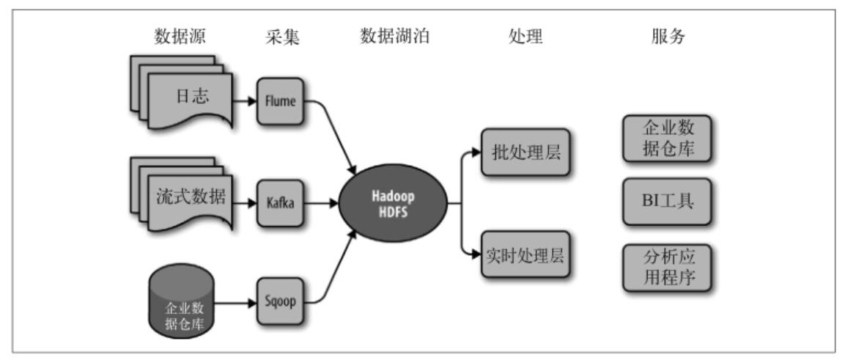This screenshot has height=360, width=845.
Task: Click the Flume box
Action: pyautogui.click(x=278, y=100)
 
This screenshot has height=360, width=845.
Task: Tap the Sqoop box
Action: pyautogui.click(x=278, y=301)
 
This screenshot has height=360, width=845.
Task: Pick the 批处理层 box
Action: pyautogui.click(x=525, y=152)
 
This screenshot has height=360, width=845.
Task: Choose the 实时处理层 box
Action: pyautogui.click(x=525, y=254)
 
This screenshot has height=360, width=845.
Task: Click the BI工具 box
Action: pyautogui.click(x=667, y=201)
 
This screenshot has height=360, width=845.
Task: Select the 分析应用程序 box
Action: pyautogui.click(x=667, y=268)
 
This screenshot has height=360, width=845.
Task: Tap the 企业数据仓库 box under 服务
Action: pyautogui.click(x=667, y=139)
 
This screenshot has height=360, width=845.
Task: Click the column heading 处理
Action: pyautogui.click(x=525, y=37)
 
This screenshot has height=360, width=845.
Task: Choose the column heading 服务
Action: pyautogui.click(x=667, y=37)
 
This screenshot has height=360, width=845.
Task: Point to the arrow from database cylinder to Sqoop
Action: pyautogui.click(x=235, y=301)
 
